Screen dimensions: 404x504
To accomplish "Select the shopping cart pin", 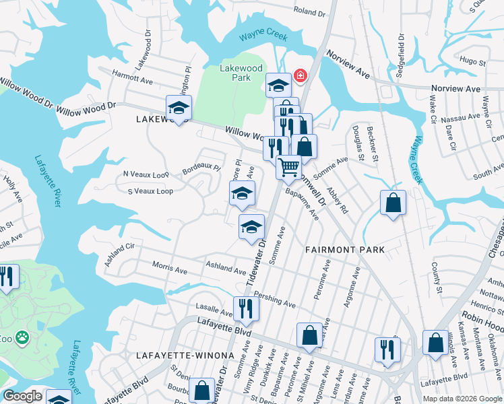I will coord(288,168).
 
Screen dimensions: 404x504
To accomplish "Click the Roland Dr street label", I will coord(309,11).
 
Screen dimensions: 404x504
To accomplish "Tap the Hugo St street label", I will coord(468,61).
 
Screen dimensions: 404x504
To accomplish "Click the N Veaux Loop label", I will coord(146,174).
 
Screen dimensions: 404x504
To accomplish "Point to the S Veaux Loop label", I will coord(150,191).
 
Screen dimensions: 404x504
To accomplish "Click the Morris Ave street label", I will coord(170,267).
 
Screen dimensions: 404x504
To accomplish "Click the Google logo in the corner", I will coord(22,396).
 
